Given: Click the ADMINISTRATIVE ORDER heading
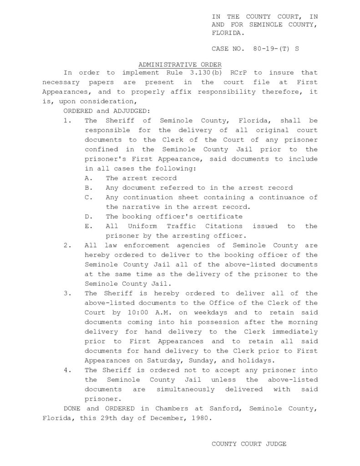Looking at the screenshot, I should point(180,65).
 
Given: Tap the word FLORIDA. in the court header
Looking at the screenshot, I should point(228,33).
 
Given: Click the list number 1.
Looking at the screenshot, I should point(67,121).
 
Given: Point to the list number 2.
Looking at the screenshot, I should point(67,245).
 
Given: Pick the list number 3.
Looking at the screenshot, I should point(67,293).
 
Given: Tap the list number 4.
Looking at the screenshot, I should point(67,370).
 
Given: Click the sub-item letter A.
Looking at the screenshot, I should point(89,178).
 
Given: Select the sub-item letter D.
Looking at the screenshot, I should point(89,217).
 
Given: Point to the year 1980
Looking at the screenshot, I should point(199,418).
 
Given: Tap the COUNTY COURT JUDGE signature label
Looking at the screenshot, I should point(249,444).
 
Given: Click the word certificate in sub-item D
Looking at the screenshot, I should point(221,217).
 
